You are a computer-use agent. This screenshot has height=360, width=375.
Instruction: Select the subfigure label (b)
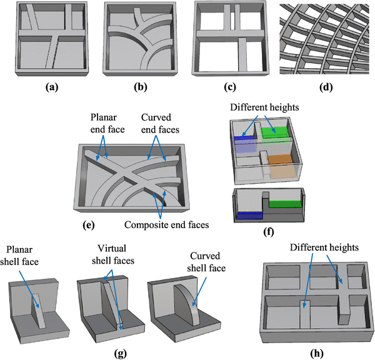tap(143, 87)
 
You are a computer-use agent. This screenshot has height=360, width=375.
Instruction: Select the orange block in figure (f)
tap(282, 164)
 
